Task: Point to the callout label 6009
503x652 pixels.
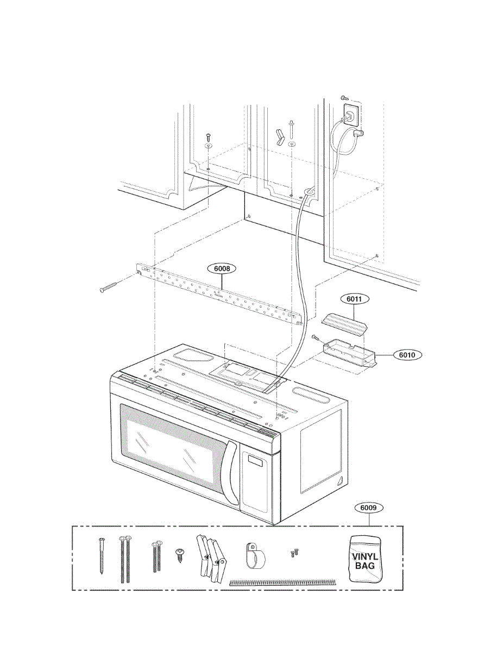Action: pyautogui.click(x=369, y=508)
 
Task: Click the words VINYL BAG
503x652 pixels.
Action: pyautogui.click(x=364, y=561)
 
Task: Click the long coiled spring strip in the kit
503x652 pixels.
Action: pyautogui.click(x=283, y=582)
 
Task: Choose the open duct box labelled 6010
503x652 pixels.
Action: pyautogui.click(x=350, y=353)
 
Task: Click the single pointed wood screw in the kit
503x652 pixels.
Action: pyautogui.click(x=101, y=555)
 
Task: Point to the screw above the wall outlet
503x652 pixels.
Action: pyautogui.click(x=343, y=97)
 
